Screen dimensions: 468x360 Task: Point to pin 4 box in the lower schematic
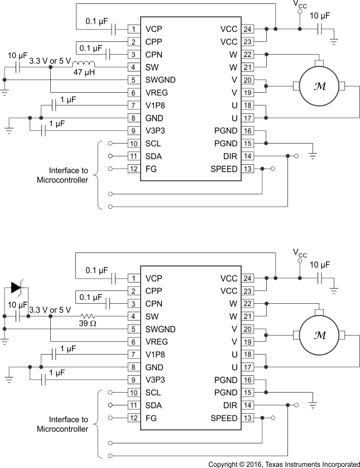[133, 316]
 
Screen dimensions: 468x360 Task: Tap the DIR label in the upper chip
[230, 156]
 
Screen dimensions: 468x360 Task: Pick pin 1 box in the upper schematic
[133, 28]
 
